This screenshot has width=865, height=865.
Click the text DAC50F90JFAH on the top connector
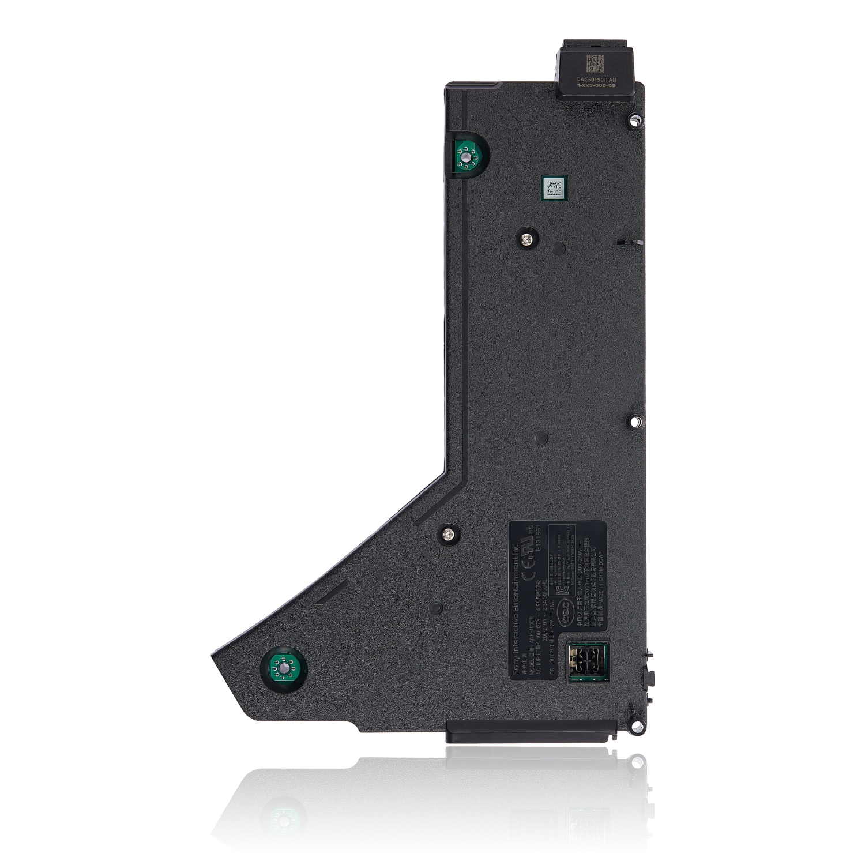pyautogui.click(x=596, y=79)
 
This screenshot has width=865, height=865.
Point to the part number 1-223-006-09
pyautogui.click(x=596, y=85)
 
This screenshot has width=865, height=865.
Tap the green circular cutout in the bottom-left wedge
pyautogui.click(x=284, y=669)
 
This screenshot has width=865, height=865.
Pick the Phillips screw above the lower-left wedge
pyautogui.click(x=448, y=534)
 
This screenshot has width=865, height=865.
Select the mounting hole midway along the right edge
pyautogui.click(x=635, y=422)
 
